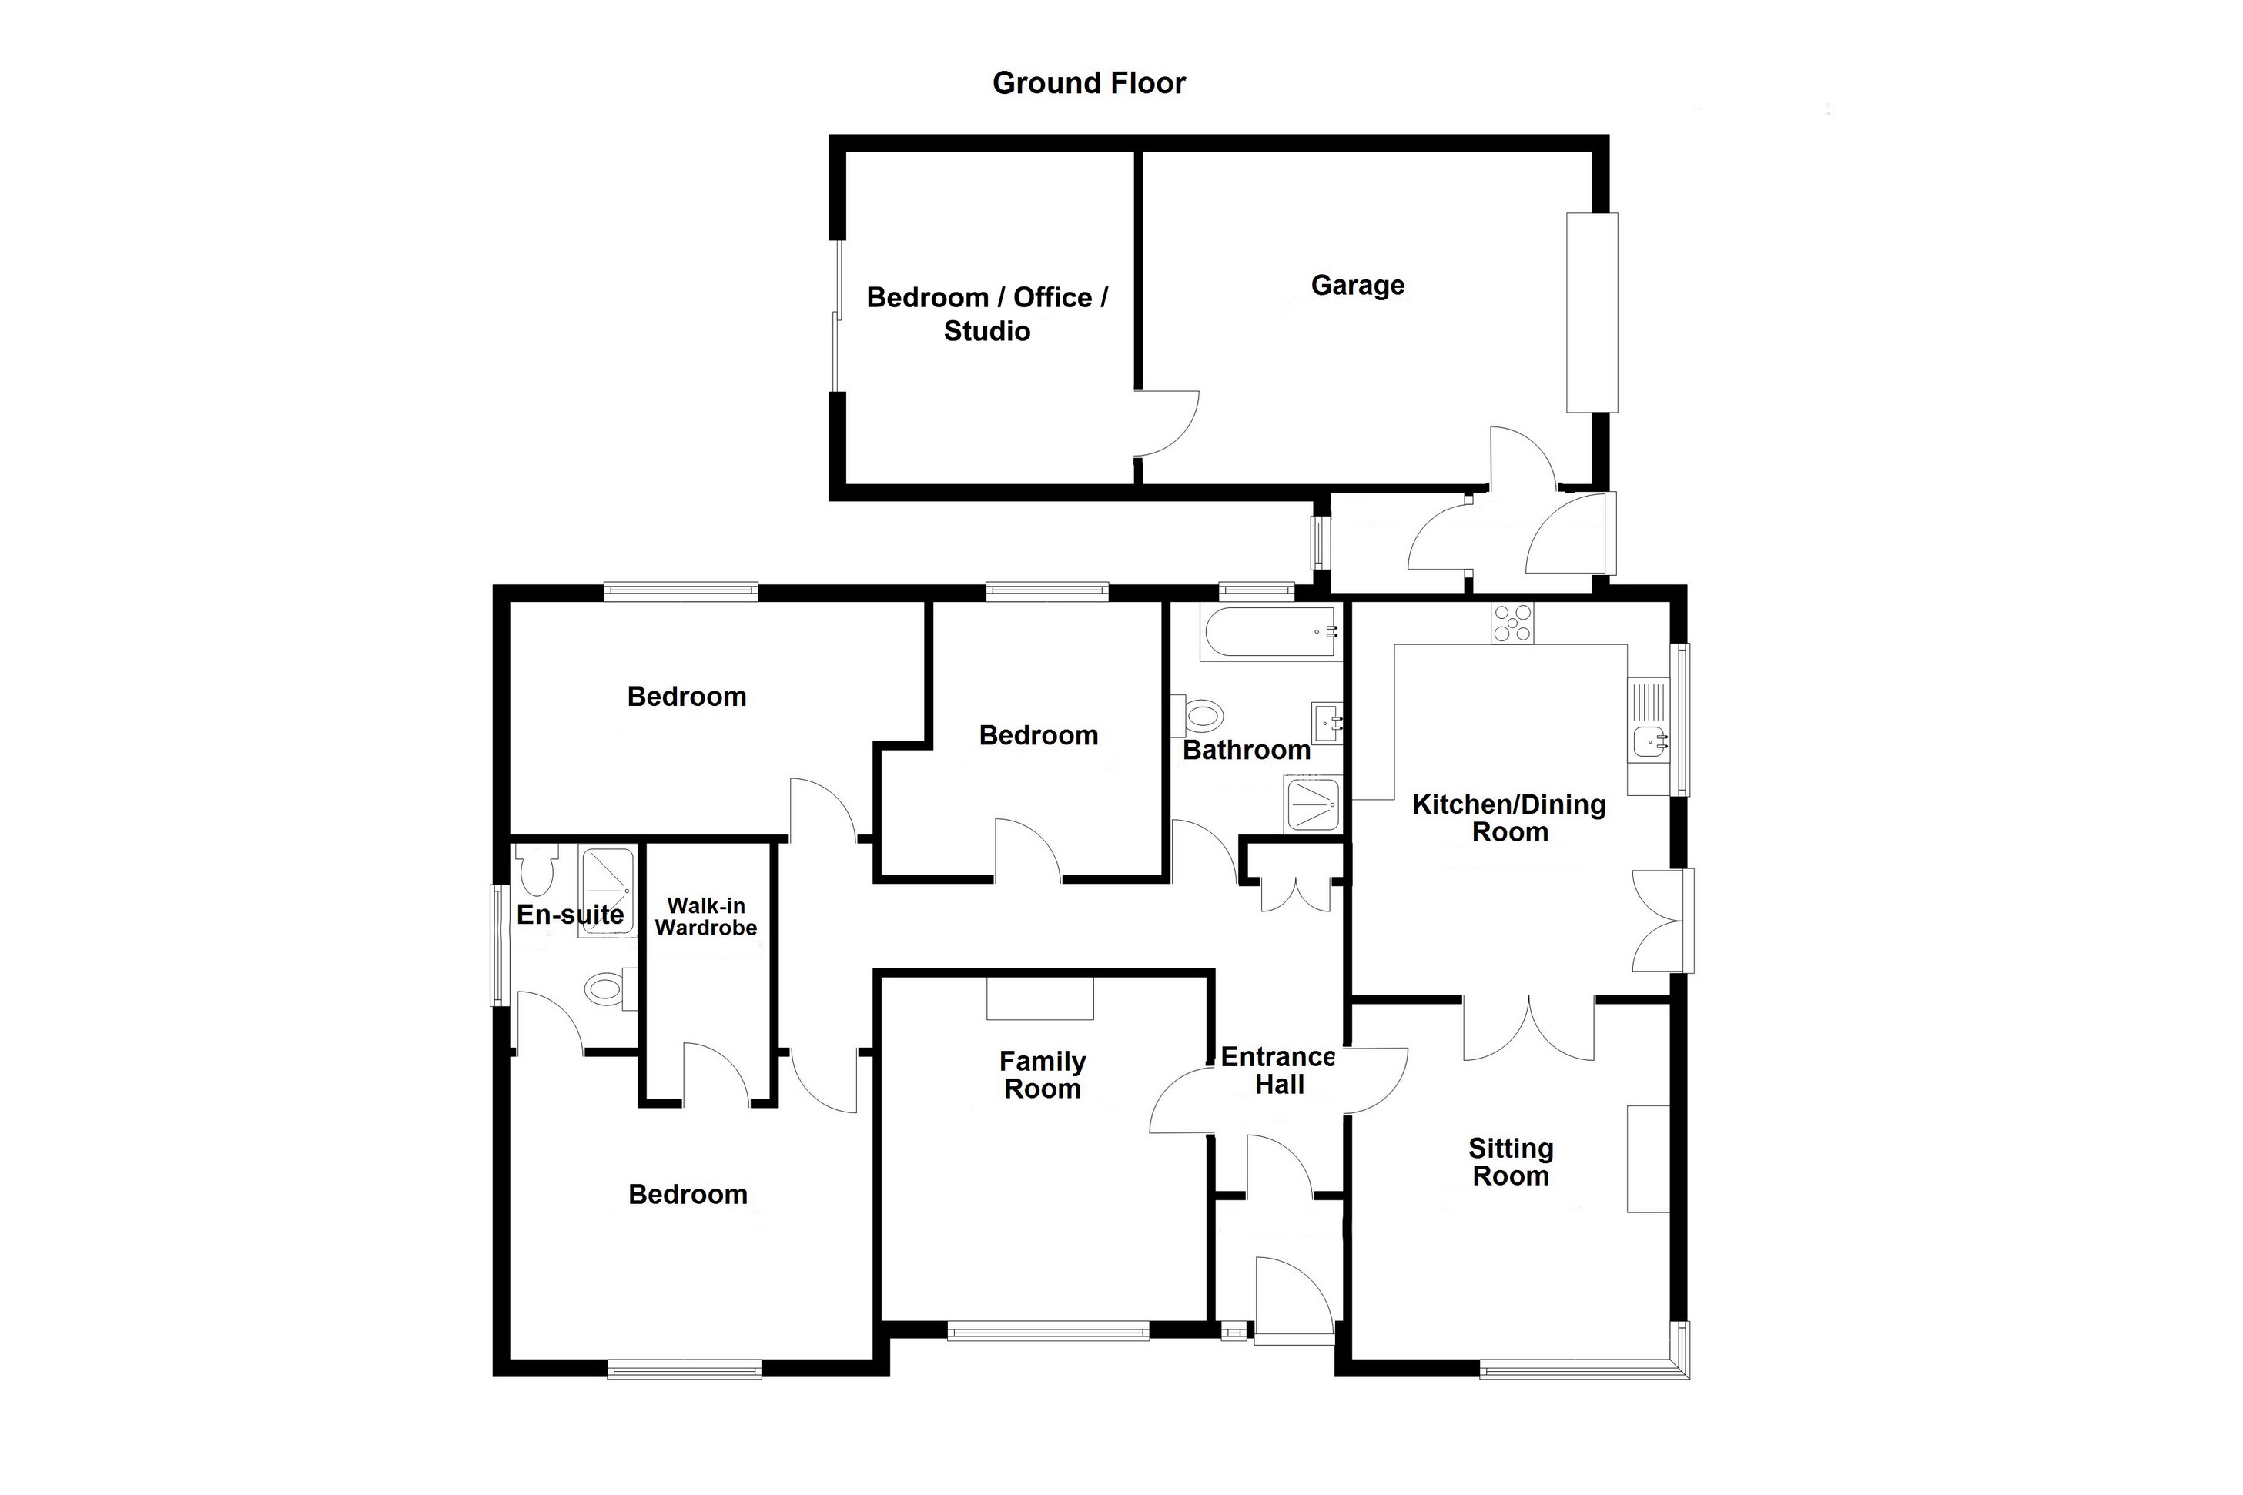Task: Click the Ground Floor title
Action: [x=1089, y=84]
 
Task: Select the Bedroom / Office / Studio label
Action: [x=987, y=313]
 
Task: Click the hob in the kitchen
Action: [x=1512, y=624]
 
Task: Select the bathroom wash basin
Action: [x=1327, y=723]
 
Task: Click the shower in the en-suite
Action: [x=607, y=891]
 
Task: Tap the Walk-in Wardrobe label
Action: [x=706, y=916]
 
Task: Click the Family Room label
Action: [x=1043, y=1075]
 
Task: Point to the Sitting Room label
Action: [x=1511, y=1162]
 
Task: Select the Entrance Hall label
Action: [x=1278, y=1070]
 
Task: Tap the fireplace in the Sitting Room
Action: [x=1648, y=1159]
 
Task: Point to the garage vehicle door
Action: [x=1592, y=313]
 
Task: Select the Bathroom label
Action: [x=1247, y=751]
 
